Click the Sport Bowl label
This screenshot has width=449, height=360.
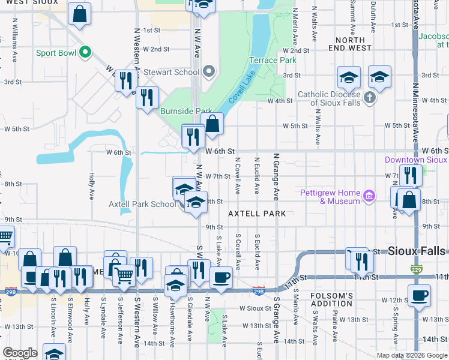click(x=54, y=52)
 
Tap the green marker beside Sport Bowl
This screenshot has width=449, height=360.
click(x=85, y=52)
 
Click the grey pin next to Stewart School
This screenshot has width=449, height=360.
click(x=209, y=72)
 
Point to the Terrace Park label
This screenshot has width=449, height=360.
click(x=273, y=60)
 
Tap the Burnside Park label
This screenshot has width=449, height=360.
click(x=187, y=111)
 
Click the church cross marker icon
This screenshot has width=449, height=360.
click(x=370, y=96)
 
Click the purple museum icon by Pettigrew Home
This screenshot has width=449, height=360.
click(x=370, y=196)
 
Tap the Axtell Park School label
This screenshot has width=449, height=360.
click(x=142, y=204)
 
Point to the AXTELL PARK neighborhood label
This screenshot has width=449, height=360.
click(x=256, y=214)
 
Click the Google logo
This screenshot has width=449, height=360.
click(x=20, y=353)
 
